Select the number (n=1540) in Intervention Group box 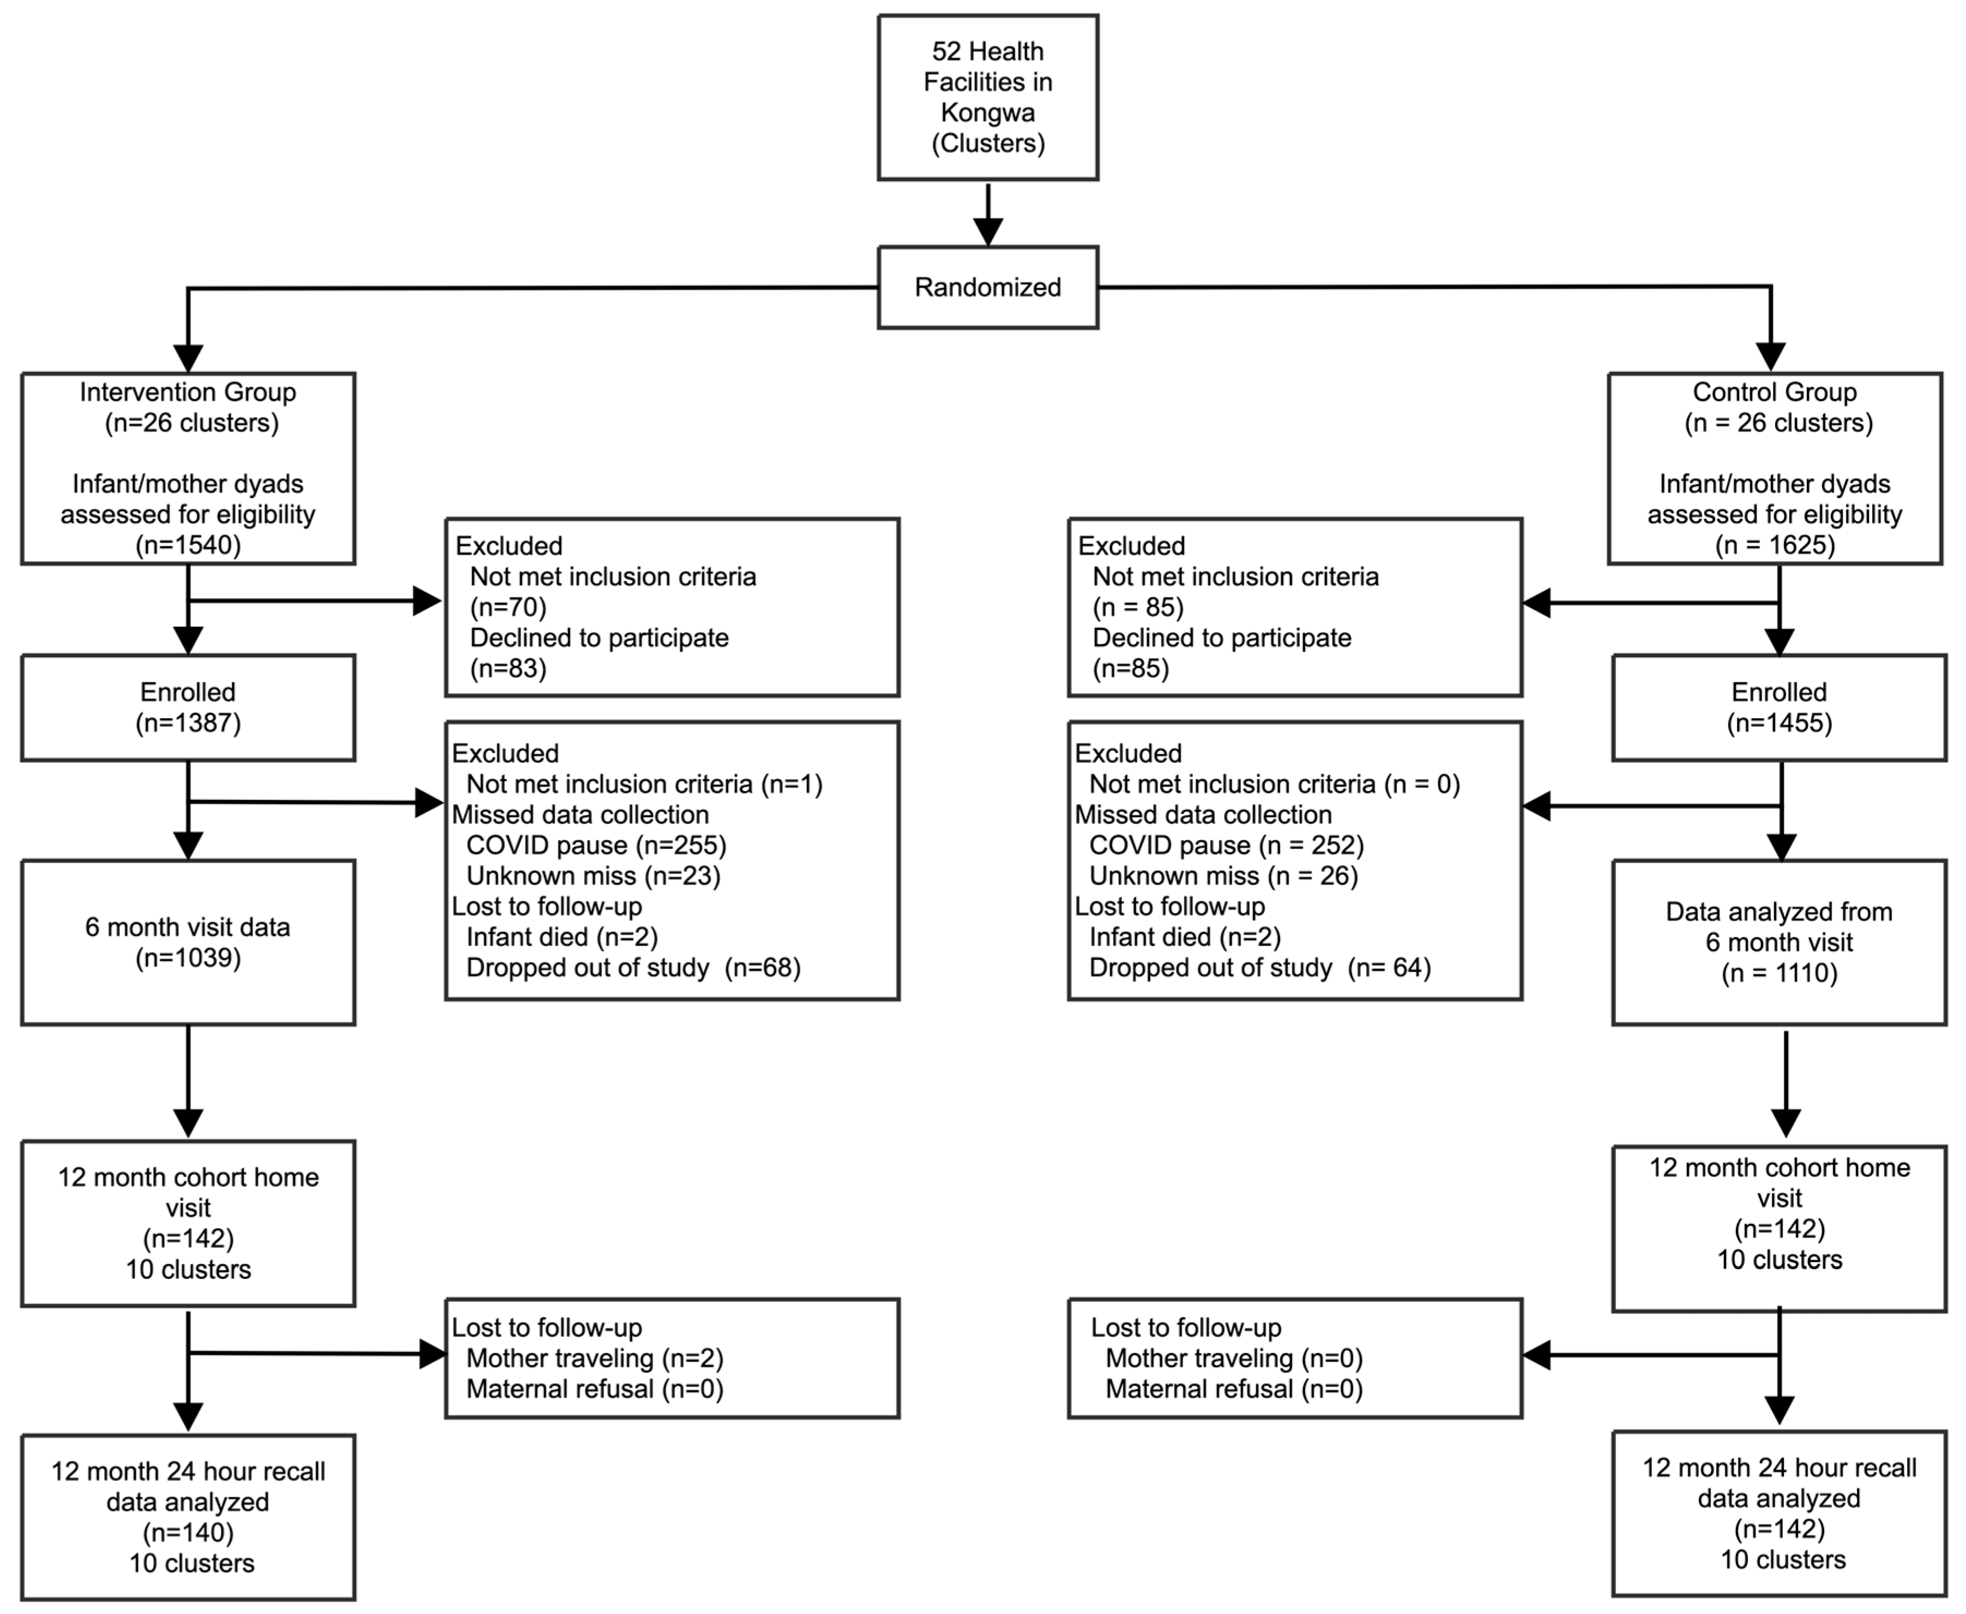(x=188, y=545)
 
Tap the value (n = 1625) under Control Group (x=1775, y=545)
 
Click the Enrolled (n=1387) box (x=188, y=707)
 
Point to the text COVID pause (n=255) (x=595, y=845)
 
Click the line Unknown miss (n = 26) (x=1223, y=876)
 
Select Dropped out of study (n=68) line (x=632, y=968)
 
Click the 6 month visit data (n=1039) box (x=188, y=942)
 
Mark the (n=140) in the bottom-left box (x=188, y=1532)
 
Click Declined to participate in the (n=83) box (x=599, y=638)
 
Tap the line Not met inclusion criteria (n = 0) (x=1274, y=784)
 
